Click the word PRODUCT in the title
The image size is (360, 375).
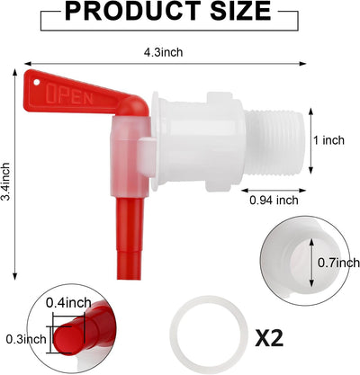pyautogui.click(x=133, y=11)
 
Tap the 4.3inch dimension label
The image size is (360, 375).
pyautogui.click(x=163, y=52)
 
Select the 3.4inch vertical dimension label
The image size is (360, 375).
pyautogui.click(x=5, y=182)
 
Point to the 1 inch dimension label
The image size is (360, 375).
pyautogui.click(x=329, y=140)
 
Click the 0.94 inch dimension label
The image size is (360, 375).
pyautogui.click(x=274, y=200)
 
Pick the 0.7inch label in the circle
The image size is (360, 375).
pyautogui.click(x=338, y=263)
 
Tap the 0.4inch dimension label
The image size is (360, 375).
pyautogui.click(x=68, y=302)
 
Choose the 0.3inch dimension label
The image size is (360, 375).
pyautogui.click(x=26, y=339)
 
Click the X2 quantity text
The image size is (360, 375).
pyautogui.click(x=269, y=338)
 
